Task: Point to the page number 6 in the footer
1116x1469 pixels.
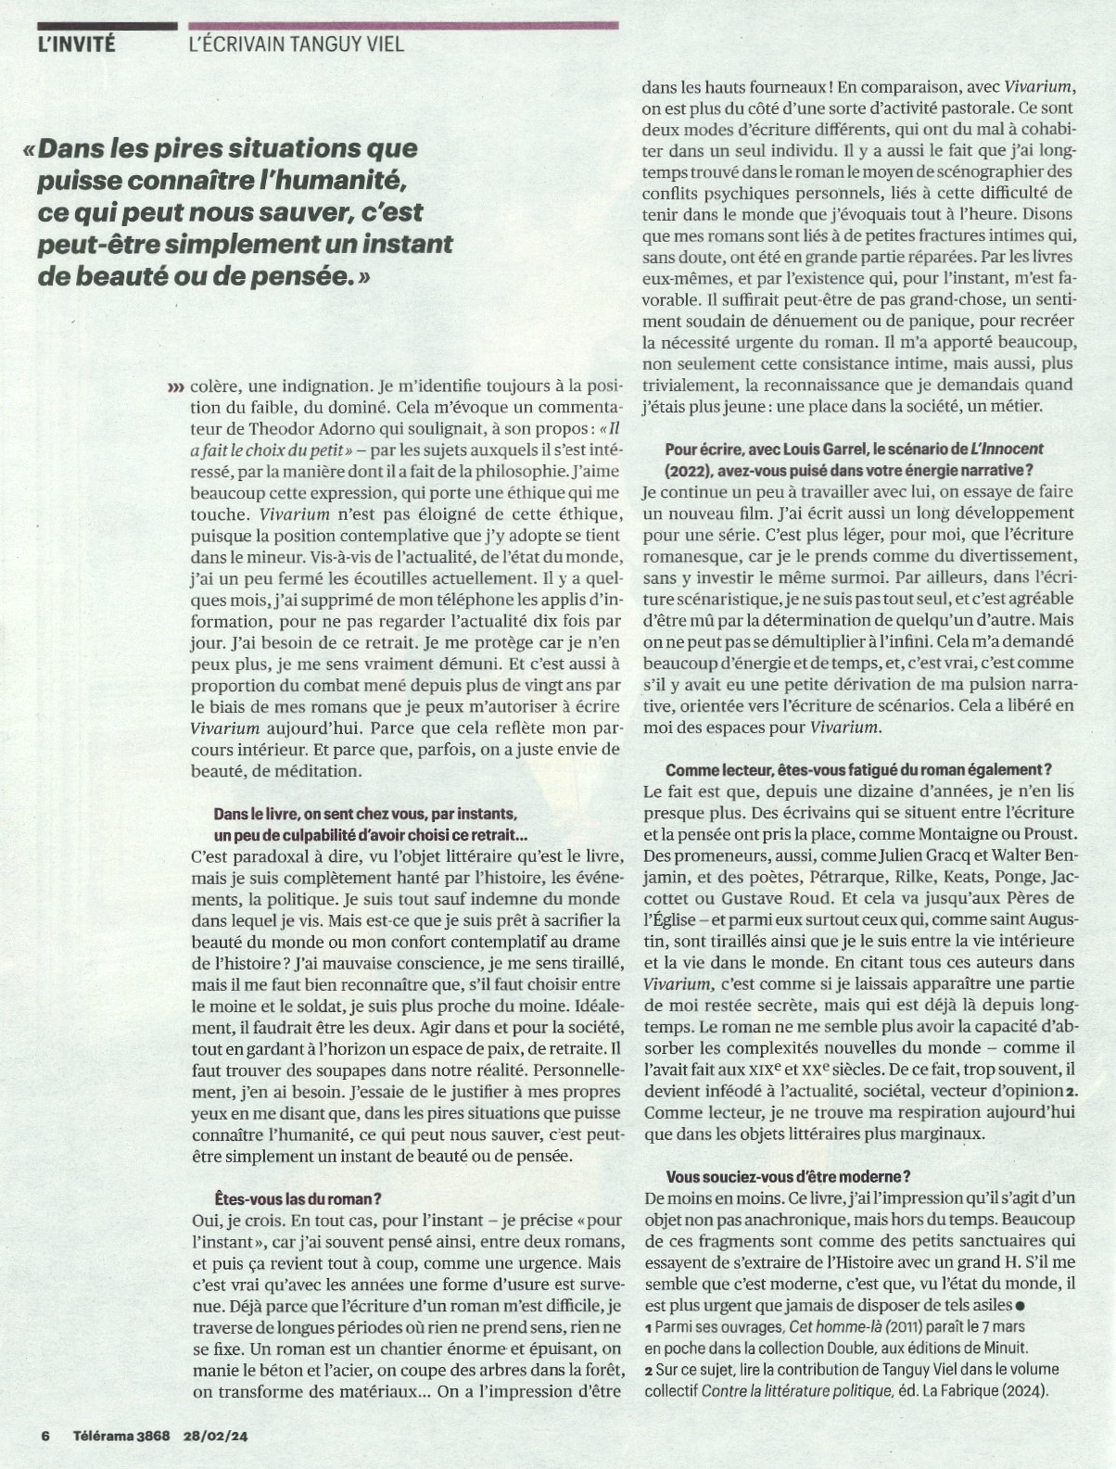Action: (x=44, y=1437)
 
